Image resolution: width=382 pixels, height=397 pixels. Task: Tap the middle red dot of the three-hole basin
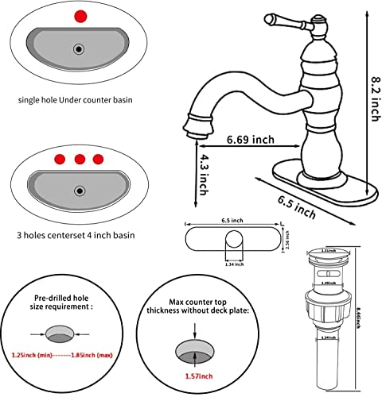coord(79,158)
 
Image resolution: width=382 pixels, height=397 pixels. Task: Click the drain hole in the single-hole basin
coord(78,50)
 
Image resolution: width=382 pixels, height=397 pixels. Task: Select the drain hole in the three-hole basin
coord(78,191)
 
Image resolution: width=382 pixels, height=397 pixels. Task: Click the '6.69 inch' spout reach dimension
coord(251,140)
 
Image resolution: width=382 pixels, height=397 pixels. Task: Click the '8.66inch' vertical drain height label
coord(365,320)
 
